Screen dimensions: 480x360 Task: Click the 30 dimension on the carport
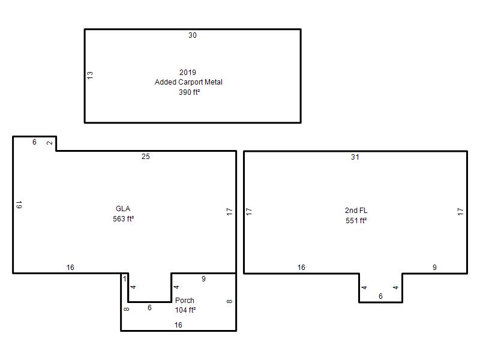click(192, 35)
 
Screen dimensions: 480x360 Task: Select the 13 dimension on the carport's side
click(90, 76)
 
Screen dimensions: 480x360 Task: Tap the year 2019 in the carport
click(188, 72)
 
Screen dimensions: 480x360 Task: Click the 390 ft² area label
click(189, 92)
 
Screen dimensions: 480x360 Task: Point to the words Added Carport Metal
click(188, 82)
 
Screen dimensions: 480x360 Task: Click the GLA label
click(123, 209)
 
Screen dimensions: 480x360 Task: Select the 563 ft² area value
click(124, 219)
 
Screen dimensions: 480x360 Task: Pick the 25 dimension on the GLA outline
click(146, 157)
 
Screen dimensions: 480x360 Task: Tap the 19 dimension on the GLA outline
click(19, 205)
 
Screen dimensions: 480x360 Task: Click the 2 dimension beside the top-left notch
click(50, 143)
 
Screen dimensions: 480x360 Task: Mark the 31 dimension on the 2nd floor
click(355, 157)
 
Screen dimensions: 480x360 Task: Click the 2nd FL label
click(356, 211)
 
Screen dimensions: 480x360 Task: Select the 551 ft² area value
click(356, 221)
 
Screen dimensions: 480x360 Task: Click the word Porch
click(185, 301)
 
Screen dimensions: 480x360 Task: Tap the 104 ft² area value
click(185, 310)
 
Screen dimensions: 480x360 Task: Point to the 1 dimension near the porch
click(125, 278)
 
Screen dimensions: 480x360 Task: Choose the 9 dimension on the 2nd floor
click(434, 268)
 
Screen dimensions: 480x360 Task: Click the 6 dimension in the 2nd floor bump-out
click(380, 296)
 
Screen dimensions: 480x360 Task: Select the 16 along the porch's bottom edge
click(178, 325)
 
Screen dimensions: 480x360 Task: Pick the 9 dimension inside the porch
click(203, 279)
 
